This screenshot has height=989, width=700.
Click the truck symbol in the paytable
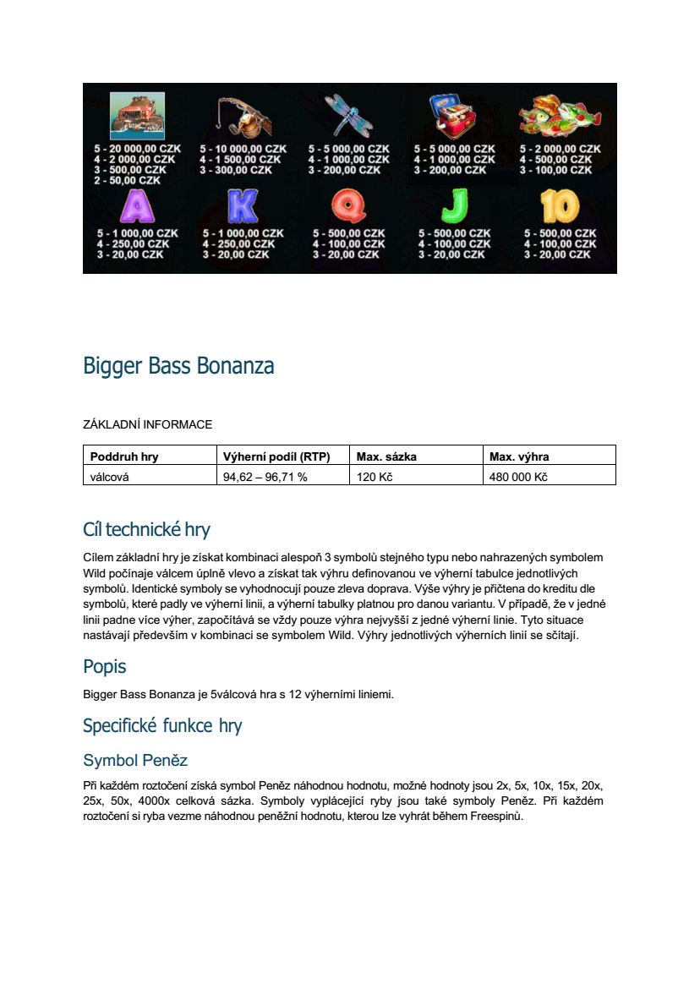138,116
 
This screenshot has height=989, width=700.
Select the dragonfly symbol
347,116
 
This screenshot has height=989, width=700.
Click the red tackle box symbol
455,116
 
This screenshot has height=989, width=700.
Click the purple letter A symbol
138,207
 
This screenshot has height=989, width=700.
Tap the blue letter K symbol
243,207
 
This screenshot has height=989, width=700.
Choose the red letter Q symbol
347,207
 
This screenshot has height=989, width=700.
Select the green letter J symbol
455,207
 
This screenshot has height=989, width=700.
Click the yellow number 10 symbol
560,207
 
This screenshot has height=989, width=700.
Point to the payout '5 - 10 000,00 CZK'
243,149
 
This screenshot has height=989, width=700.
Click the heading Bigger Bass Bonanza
178,367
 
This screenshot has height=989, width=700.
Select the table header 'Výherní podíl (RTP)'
276,456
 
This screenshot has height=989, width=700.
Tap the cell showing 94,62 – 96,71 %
265,477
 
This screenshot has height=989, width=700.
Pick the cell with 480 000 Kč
519,477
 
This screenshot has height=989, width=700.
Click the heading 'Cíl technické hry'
146,530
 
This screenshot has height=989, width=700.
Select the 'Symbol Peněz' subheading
135,760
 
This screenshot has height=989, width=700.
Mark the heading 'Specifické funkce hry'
162,726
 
